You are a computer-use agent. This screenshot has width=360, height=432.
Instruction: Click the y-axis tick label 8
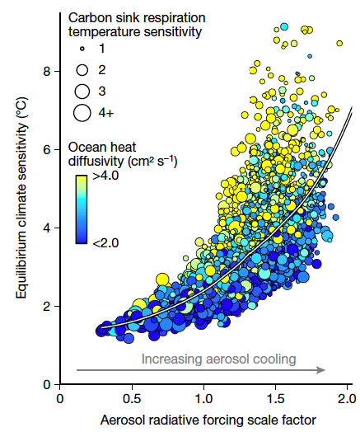pos(47,71)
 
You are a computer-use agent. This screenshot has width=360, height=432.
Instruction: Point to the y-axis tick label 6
pos(47,149)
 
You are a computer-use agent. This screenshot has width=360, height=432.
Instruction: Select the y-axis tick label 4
pos(47,228)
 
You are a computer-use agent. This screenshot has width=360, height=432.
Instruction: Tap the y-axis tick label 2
pos(47,306)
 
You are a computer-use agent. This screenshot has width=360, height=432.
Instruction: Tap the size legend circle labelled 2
pos(82,72)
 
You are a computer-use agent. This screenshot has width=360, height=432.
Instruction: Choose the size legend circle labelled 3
pos(82,91)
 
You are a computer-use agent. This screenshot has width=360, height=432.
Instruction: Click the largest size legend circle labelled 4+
pos(82,111)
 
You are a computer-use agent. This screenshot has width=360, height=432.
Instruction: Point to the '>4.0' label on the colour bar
pos(106,175)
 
